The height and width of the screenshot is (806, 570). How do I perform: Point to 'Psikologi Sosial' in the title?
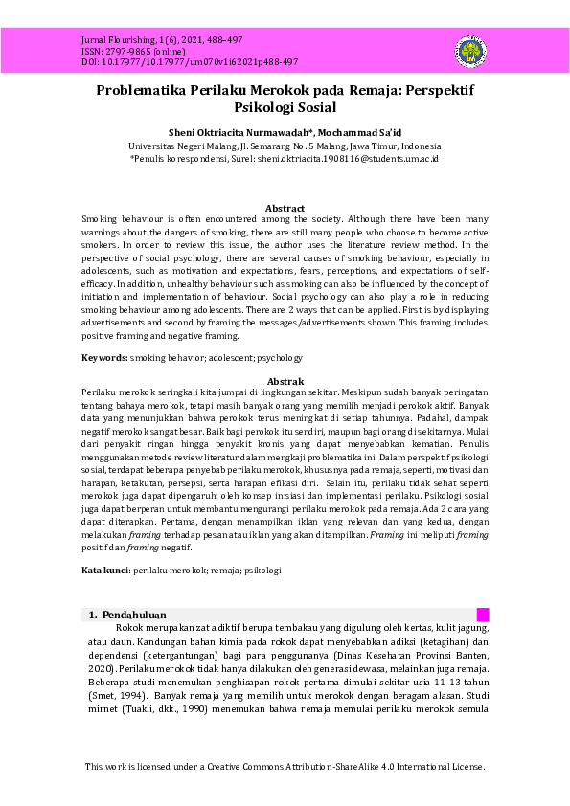pyautogui.click(x=285, y=108)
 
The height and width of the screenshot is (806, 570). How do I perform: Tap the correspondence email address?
pyautogui.click(x=346, y=158)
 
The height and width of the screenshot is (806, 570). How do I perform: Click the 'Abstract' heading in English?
pyautogui.click(x=285, y=208)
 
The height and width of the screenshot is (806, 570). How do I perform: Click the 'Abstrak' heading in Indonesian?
pyautogui.click(x=285, y=381)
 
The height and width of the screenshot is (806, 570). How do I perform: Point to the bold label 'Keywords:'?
pyautogui.click(x=104, y=358)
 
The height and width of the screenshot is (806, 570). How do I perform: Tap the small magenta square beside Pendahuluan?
pyautogui.click(x=483, y=615)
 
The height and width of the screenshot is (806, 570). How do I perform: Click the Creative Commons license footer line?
pyautogui.click(x=285, y=767)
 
